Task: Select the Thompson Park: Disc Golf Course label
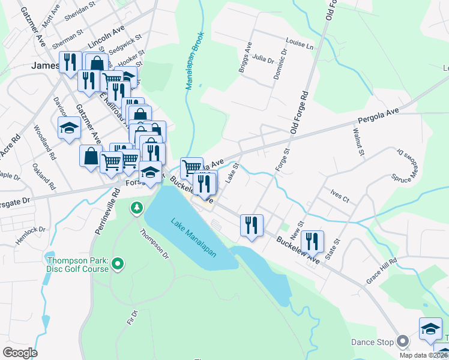pyautogui.click(x=78, y=264)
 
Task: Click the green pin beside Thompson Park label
pyautogui.click(x=118, y=263)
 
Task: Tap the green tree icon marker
pyautogui.click(x=137, y=208)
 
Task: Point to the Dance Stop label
pyautogui.click(x=372, y=342)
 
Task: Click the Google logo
pyautogui.click(x=20, y=353)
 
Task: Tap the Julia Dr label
pyautogui.click(x=263, y=59)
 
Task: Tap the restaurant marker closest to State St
pyautogui.click(x=312, y=241)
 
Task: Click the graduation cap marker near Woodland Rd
pyautogui.click(x=69, y=127)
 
